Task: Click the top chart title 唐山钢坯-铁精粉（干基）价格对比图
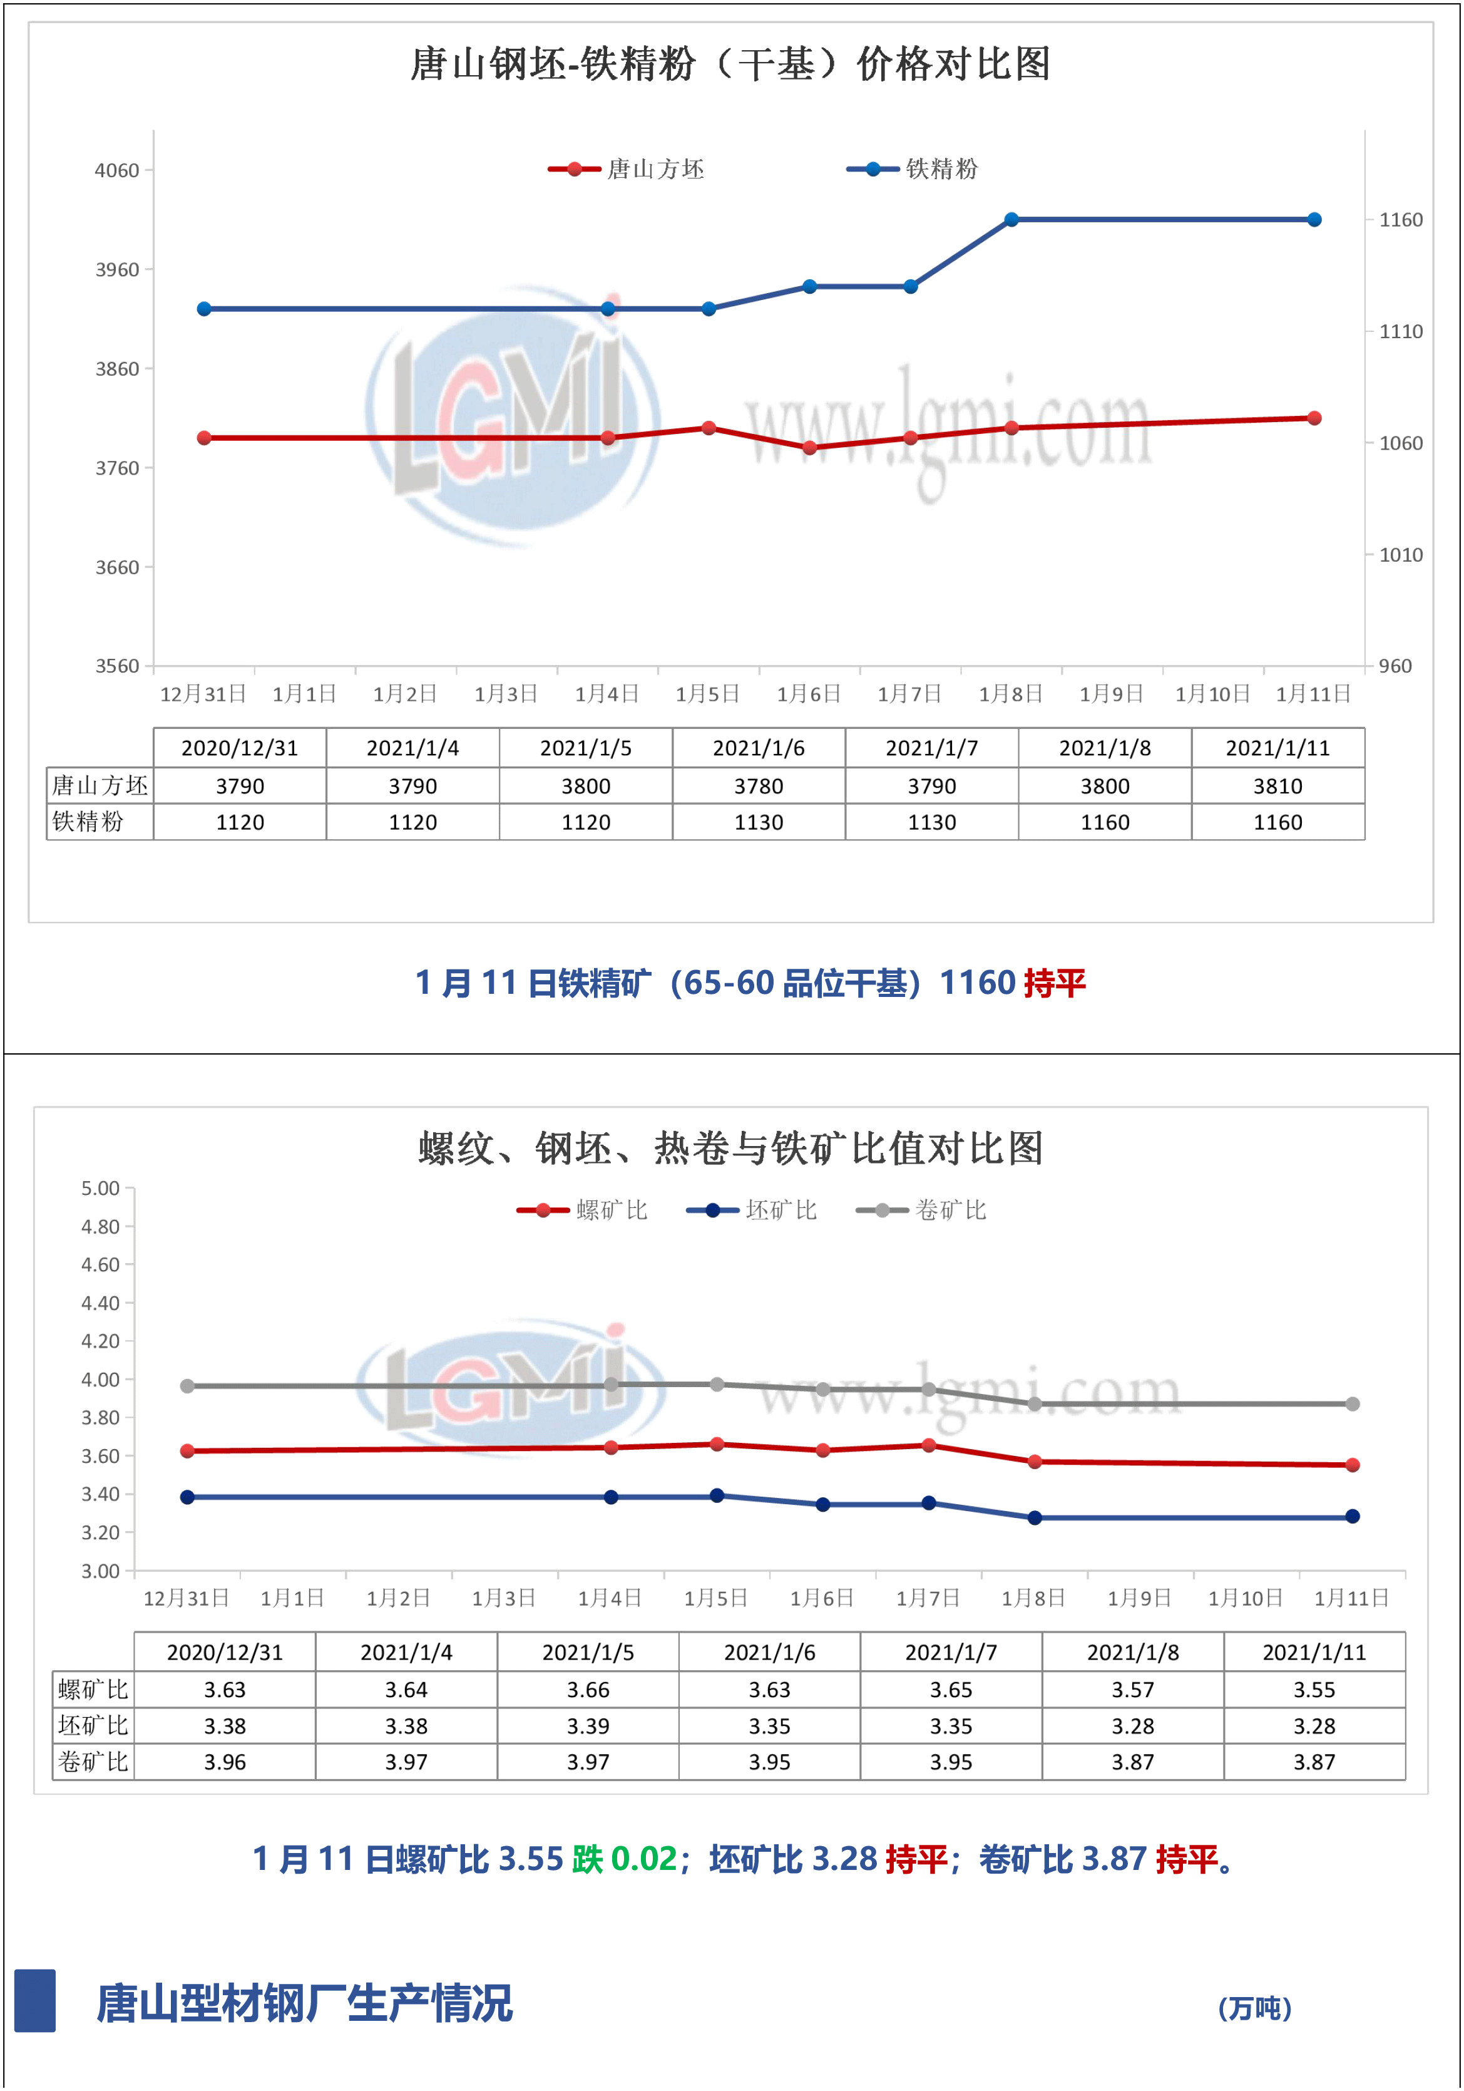[730, 65]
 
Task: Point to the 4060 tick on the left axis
[118, 170]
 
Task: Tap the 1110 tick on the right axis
[1400, 331]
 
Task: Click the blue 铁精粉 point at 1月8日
[1011, 219]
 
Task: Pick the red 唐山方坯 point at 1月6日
[809, 447]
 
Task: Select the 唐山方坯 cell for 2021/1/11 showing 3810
[1277, 786]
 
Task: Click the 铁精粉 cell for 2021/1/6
[759, 822]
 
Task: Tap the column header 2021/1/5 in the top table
[585, 748]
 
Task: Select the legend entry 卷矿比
[950, 1211]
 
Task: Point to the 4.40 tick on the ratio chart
[100, 1303]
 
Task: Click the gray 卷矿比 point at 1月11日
[1352, 1404]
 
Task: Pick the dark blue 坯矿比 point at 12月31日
[188, 1497]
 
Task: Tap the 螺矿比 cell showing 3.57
[1133, 1690]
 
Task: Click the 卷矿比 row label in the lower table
[93, 1762]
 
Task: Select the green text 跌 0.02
[625, 1860]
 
